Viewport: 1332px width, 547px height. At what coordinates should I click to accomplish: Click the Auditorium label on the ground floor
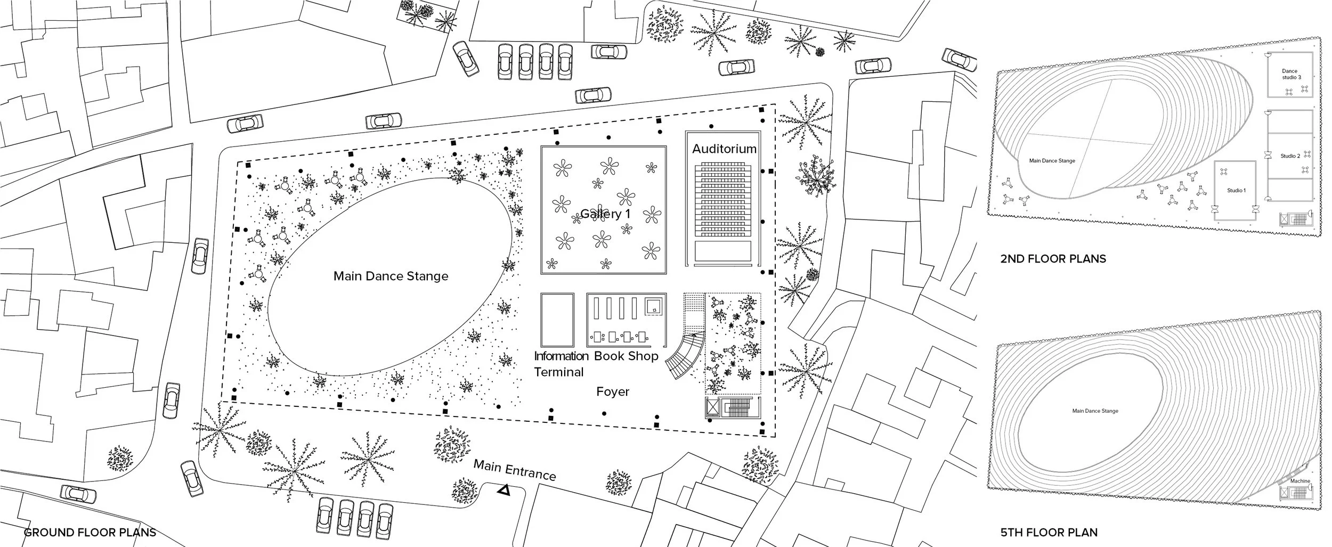coord(724,149)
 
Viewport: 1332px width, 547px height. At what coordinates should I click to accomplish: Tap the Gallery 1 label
coord(602,214)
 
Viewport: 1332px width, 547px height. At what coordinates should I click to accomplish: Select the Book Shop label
coord(626,356)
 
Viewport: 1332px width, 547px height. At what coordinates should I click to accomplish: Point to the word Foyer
coord(613,391)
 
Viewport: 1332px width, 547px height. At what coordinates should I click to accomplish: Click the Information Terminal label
coord(561,364)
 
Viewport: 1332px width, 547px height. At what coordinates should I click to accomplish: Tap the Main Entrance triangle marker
coord(503,491)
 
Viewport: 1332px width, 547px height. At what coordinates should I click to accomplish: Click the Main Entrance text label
coord(515,470)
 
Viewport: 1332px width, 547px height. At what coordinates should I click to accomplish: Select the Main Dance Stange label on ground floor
coord(391,276)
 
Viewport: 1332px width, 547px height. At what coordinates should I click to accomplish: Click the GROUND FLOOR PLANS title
coord(90,532)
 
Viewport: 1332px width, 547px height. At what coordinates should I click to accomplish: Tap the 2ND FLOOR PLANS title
coord(1053,259)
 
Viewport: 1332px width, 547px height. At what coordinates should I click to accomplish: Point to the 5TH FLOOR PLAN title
coord(1049,532)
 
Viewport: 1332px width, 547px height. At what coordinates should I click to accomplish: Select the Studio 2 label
coord(1290,156)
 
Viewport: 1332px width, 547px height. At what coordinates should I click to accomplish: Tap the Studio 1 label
coord(1237,190)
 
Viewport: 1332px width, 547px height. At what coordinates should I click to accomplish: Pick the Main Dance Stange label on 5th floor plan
coord(1095,411)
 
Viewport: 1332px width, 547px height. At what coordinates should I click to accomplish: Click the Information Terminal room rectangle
coord(557,320)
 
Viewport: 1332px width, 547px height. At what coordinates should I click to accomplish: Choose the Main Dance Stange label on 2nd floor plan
coord(1052,161)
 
